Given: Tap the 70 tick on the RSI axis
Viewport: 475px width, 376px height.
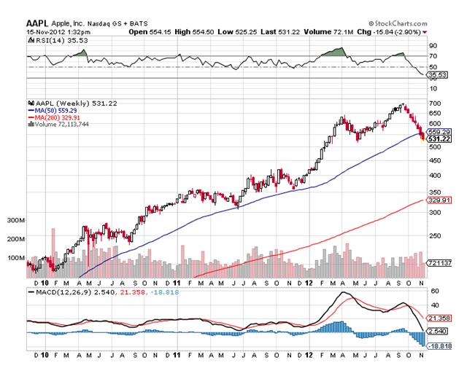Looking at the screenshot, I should click(x=433, y=55).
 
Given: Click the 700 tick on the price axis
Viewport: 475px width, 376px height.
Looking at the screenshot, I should click(x=435, y=104).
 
